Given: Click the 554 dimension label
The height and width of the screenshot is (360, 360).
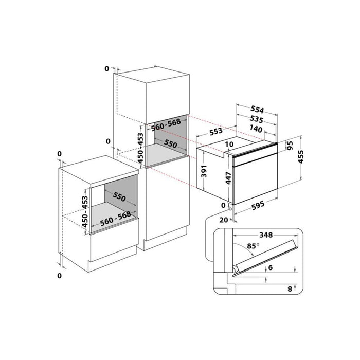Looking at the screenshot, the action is point(257,109).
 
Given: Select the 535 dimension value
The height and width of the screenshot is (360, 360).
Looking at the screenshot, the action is point(257,119).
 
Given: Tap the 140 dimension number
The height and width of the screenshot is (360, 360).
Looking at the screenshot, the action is point(256,129).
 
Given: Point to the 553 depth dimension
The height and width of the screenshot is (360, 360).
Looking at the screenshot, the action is point(216,131).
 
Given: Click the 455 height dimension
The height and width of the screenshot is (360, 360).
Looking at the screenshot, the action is point(301,157).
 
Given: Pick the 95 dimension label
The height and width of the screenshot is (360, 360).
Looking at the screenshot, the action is point(290,146).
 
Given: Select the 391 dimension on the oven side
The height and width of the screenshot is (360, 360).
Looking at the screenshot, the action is point(204,171).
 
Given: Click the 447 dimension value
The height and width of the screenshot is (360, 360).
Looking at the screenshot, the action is point(228,178).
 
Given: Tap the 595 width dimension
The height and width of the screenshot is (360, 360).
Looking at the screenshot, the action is point(258,206).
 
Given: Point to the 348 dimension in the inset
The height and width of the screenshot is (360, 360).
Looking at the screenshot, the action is point(266,235).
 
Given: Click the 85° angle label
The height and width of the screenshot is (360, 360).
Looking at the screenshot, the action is point(253,246).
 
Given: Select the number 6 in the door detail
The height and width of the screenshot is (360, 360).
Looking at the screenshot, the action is point(271,267).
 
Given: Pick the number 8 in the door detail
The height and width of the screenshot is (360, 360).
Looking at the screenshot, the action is point(290,289).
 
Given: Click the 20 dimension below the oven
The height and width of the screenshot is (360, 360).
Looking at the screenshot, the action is point(224,220).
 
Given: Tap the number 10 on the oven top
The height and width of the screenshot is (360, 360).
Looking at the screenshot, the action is point(229,144).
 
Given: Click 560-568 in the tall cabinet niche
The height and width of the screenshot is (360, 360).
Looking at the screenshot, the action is point(166,125).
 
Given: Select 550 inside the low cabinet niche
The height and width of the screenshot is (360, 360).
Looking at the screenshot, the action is point(119,196).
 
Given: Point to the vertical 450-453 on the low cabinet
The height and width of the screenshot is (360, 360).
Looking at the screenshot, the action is point(85,211).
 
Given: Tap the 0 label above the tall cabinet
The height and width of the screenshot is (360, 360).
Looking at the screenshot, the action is point(107,68).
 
